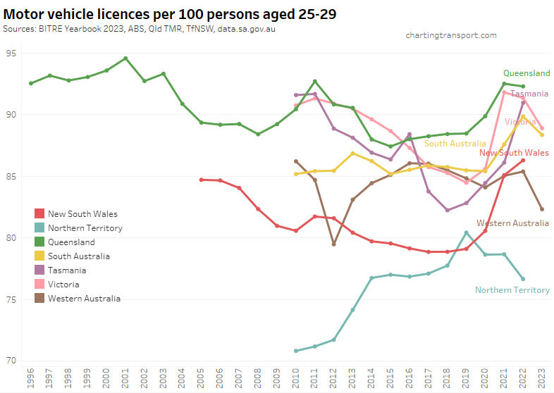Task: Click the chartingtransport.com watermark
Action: [x=451, y=35]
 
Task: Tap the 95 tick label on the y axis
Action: [x=12, y=53]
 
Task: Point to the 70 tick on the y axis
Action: [x=12, y=361]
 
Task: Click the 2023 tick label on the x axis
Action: [x=541, y=379]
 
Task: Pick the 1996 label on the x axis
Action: [x=31, y=379]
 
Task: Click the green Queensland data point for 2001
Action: [x=125, y=58]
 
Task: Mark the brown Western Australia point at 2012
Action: [x=333, y=244]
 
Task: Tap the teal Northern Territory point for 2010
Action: [x=296, y=351]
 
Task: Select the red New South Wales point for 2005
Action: [x=201, y=180]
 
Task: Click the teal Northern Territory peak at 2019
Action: [x=467, y=232]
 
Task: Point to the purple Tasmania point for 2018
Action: [x=448, y=210]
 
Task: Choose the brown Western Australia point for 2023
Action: [x=541, y=209]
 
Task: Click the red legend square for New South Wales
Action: [x=39, y=213]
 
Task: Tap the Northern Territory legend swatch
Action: [x=39, y=227]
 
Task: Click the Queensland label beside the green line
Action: [x=526, y=73]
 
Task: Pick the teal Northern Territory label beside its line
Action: [x=512, y=290]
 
